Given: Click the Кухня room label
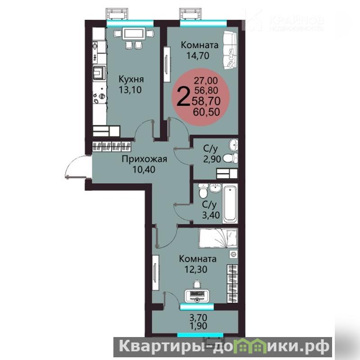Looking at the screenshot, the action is pos(131,80).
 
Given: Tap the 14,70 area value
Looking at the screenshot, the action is pos(198,55).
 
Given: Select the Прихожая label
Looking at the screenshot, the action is pos(144,159).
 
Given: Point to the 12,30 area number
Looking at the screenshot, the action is pos(196,269).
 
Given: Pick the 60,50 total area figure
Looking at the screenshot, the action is pos(207,112).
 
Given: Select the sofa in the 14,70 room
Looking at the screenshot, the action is pos(229,50).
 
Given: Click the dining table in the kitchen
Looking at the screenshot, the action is pos(134,34).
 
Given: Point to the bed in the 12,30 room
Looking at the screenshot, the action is pos(218,238).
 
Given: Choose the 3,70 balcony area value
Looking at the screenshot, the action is pos(198,318).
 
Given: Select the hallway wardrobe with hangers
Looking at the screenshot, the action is pos(112,147).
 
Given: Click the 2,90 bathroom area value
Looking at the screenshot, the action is pos(212,159).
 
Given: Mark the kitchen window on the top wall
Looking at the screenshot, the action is pos(130,23).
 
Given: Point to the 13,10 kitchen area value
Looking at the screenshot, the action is pos(130,90).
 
